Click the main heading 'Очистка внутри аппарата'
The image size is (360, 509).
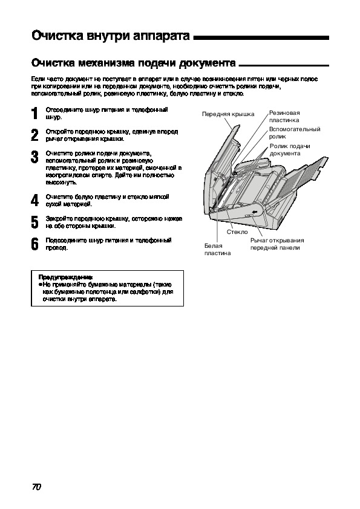111,36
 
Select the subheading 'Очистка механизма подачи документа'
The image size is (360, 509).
134,62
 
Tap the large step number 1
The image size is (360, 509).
34,114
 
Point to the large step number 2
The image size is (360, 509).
34,135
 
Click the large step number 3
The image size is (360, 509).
34,157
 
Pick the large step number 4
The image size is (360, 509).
34,200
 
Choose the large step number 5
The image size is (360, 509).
34,222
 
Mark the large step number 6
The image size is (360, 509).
34,244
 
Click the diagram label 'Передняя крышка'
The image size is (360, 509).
228,114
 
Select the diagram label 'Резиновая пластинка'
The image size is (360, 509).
284,117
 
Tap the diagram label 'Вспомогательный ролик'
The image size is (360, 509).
295,133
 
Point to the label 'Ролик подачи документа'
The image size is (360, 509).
290,150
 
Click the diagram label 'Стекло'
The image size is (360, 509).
237,232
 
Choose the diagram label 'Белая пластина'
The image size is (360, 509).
217,249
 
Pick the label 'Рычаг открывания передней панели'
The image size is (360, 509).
277,244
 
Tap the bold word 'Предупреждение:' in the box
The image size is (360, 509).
65,277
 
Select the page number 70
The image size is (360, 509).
36,487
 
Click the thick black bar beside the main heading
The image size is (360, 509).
261,38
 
